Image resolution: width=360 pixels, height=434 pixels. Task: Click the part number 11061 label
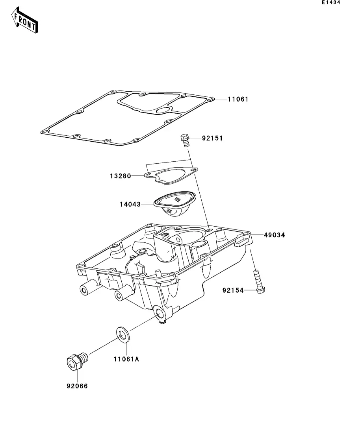point(238,99)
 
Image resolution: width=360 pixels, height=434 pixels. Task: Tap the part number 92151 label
point(212,139)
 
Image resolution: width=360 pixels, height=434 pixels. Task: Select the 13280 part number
point(120,176)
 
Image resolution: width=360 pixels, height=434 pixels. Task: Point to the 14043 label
point(130,204)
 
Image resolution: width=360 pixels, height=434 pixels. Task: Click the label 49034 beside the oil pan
point(274,235)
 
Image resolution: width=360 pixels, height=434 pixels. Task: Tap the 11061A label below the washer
point(126,359)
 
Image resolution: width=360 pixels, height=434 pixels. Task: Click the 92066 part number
point(77,386)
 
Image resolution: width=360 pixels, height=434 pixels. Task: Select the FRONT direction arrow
point(25,22)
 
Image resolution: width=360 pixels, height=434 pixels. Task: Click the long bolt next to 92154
point(258,281)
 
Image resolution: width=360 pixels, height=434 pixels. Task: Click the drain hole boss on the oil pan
point(161,314)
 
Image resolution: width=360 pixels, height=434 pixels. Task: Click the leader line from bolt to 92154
point(250,291)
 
